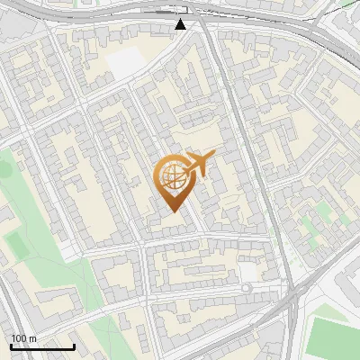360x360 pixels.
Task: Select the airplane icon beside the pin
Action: (x=201, y=164)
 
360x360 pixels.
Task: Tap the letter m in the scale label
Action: (x=33, y=337)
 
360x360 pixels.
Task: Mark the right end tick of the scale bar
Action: (x=74, y=346)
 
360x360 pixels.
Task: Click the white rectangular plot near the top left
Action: (x=126, y=61)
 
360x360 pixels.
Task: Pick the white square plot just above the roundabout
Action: (x=247, y=271)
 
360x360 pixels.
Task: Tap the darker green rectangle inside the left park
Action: (x=16, y=243)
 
